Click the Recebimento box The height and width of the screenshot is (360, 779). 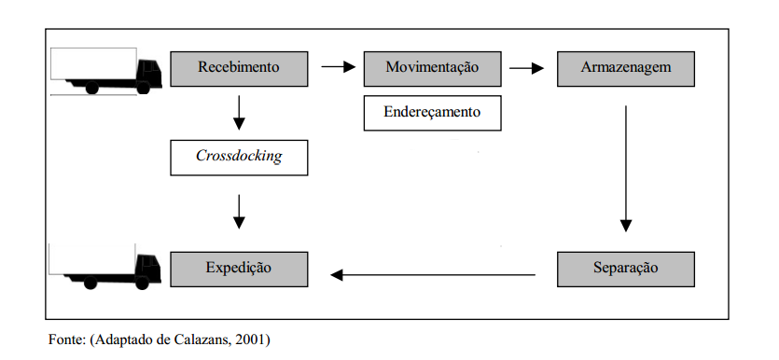pos(239,69)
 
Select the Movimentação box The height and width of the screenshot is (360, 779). pos(432,69)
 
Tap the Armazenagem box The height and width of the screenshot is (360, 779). pos(625,69)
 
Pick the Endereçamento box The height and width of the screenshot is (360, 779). pos(432,113)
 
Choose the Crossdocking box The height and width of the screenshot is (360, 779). pos(239,158)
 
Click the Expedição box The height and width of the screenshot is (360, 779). pos(239,270)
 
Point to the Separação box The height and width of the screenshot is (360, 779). pos(625,270)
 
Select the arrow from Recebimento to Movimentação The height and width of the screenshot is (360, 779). pos(339,66)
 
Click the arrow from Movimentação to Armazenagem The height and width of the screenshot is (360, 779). pos(526,68)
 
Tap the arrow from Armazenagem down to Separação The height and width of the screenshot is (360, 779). pos(626,168)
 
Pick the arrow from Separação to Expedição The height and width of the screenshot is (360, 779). pos(433,274)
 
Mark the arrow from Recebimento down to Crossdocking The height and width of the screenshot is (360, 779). pos(239,113)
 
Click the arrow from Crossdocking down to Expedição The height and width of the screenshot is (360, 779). pos(239,212)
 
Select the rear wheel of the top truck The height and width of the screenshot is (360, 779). pos(92,88)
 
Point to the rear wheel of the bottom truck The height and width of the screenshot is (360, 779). pos(90,283)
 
